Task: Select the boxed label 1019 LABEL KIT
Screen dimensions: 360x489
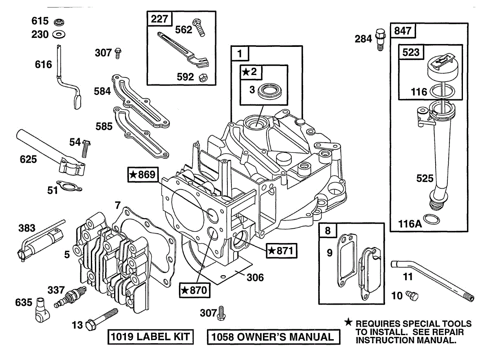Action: tap(150, 337)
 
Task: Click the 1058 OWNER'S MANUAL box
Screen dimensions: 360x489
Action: tap(273, 337)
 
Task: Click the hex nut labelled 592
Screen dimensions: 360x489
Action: tap(202, 77)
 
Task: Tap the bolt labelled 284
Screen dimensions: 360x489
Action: tap(380, 38)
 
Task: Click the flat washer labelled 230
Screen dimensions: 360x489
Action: tap(58, 34)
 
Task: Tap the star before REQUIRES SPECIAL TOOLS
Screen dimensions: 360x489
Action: tap(348, 322)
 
